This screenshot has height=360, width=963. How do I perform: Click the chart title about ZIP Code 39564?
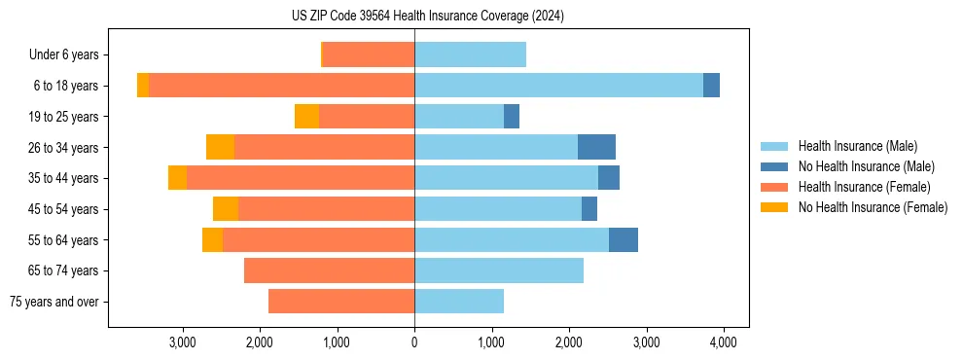coord(427,16)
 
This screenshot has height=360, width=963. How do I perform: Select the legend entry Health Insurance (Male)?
coord(857,146)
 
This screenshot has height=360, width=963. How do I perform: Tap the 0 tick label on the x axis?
coord(414,342)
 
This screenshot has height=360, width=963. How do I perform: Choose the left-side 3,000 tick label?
coord(183,342)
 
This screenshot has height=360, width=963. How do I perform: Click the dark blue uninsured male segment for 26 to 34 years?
coord(596,147)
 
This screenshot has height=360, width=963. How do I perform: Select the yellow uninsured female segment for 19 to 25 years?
coord(306,117)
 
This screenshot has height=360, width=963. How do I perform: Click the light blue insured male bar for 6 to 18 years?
coord(558,86)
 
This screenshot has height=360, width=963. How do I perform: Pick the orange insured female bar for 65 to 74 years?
coord(329,270)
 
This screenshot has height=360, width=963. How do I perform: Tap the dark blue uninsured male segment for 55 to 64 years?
coord(623,239)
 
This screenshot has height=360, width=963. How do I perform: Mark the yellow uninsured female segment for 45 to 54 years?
coord(225,209)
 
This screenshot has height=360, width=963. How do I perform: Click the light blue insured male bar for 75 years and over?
coord(459,302)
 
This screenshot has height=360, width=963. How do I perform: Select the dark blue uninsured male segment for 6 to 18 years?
coord(711,86)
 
